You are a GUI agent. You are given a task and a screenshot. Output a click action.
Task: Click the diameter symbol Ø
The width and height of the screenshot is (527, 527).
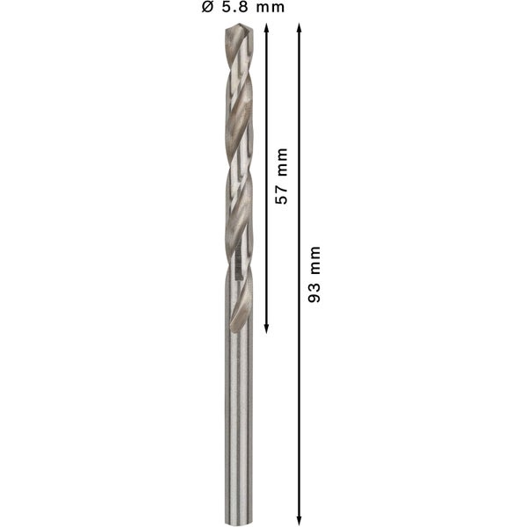point(206,8)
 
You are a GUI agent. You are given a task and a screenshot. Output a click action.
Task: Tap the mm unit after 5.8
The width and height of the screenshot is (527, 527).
point(270,8)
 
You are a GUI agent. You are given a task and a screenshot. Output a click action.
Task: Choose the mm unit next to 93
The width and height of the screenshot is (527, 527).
point(314,261)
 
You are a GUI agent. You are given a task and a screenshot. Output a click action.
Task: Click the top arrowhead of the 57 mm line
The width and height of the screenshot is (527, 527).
point(265,29)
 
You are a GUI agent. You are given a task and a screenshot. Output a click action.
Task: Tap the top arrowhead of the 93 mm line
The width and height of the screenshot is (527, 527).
point(300,29)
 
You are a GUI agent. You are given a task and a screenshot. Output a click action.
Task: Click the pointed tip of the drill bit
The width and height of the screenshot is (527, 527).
point(238,26)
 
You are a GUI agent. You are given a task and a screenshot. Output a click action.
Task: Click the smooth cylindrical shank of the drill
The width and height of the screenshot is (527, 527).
point(238,422)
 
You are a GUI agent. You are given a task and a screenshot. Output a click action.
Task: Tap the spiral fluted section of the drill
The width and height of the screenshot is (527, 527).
point(238,176)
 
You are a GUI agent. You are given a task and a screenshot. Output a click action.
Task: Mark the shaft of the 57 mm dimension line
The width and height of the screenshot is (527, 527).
point(265,105)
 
